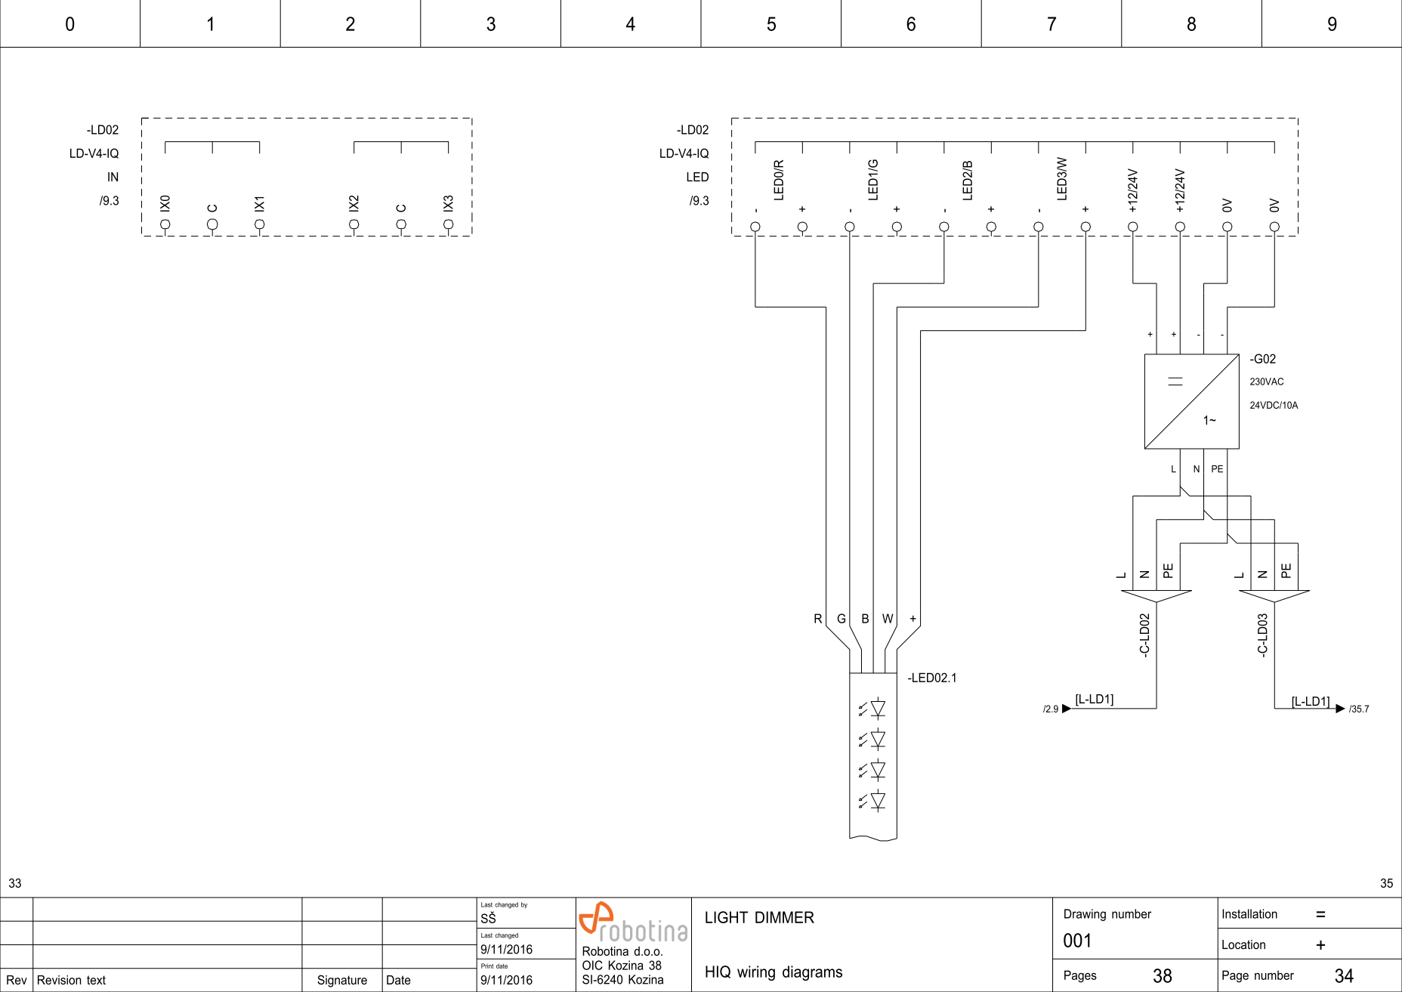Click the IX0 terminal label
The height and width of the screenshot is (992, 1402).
(165, 203)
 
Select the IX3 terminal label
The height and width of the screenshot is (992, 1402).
(449, 203)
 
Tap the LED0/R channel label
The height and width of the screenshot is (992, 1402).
(779, 180)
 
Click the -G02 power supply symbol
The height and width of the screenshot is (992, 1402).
(1191, 401)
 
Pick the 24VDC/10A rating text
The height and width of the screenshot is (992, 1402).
(1274, 405)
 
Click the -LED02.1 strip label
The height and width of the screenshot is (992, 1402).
(931, 678)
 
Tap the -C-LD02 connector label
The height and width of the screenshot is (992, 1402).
(1144, 635)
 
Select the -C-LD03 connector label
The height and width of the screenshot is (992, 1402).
(1262, 635)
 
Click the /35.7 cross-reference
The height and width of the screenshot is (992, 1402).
(1358, 709)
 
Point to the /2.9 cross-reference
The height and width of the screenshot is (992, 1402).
(1051, 709)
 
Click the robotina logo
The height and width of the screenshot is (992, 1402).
(633, 922)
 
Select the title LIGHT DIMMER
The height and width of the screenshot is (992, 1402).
(759, 918)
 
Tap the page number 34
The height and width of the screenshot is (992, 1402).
(1344, 976)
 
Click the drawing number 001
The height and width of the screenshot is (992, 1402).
(1077, 941)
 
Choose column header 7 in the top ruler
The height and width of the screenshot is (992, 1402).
(1051, 24)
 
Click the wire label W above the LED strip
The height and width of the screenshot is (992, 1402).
(888, 619)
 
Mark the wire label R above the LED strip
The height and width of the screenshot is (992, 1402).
(817, 619)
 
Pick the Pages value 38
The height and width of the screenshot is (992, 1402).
(1162, 976)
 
